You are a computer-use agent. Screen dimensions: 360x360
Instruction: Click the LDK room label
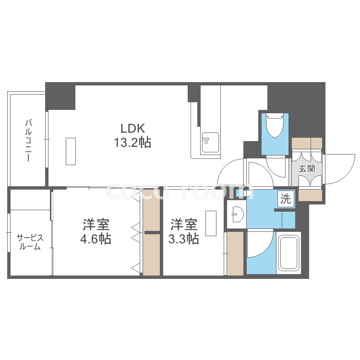tap(132, 128)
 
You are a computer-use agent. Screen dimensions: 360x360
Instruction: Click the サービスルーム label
tap(30, 242)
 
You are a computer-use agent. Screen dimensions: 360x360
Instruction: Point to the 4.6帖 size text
tap(96, 239)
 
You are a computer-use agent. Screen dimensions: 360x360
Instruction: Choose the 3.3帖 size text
tap(183, 239)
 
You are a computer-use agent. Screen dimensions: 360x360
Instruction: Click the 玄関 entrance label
tap(307, 169)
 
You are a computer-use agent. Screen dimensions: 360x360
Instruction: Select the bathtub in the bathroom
tap(288, 253)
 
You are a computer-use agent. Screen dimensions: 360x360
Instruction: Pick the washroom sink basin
tap(236, 212)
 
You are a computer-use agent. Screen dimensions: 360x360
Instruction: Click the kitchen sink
tap(210, 142)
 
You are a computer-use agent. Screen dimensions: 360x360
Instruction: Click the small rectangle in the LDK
tap(71, 151)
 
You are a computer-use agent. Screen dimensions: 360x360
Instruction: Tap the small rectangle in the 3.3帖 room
tap(211, 223)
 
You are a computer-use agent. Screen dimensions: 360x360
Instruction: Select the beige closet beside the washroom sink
tap(235, 253)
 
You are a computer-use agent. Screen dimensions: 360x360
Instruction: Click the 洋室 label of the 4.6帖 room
tap(96, 224)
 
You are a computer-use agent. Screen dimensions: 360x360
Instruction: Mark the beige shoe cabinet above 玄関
tap(307, 143)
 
